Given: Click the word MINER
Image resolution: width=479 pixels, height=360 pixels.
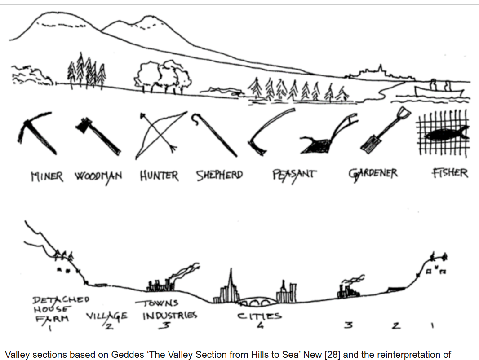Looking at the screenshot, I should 47,176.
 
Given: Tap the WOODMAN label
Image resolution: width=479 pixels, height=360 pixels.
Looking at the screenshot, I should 98,176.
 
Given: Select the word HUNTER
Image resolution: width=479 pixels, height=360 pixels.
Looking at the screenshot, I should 159,176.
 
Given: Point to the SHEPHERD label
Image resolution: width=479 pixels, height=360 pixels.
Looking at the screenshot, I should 219,175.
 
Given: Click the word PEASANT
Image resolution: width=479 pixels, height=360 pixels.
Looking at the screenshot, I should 294,174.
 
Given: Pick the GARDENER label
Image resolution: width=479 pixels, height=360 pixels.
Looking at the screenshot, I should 373,173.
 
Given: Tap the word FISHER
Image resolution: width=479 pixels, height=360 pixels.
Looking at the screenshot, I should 450,173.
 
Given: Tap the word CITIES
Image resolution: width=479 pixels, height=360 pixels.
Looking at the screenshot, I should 260,316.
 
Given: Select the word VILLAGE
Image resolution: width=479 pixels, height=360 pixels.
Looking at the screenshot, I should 106,316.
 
